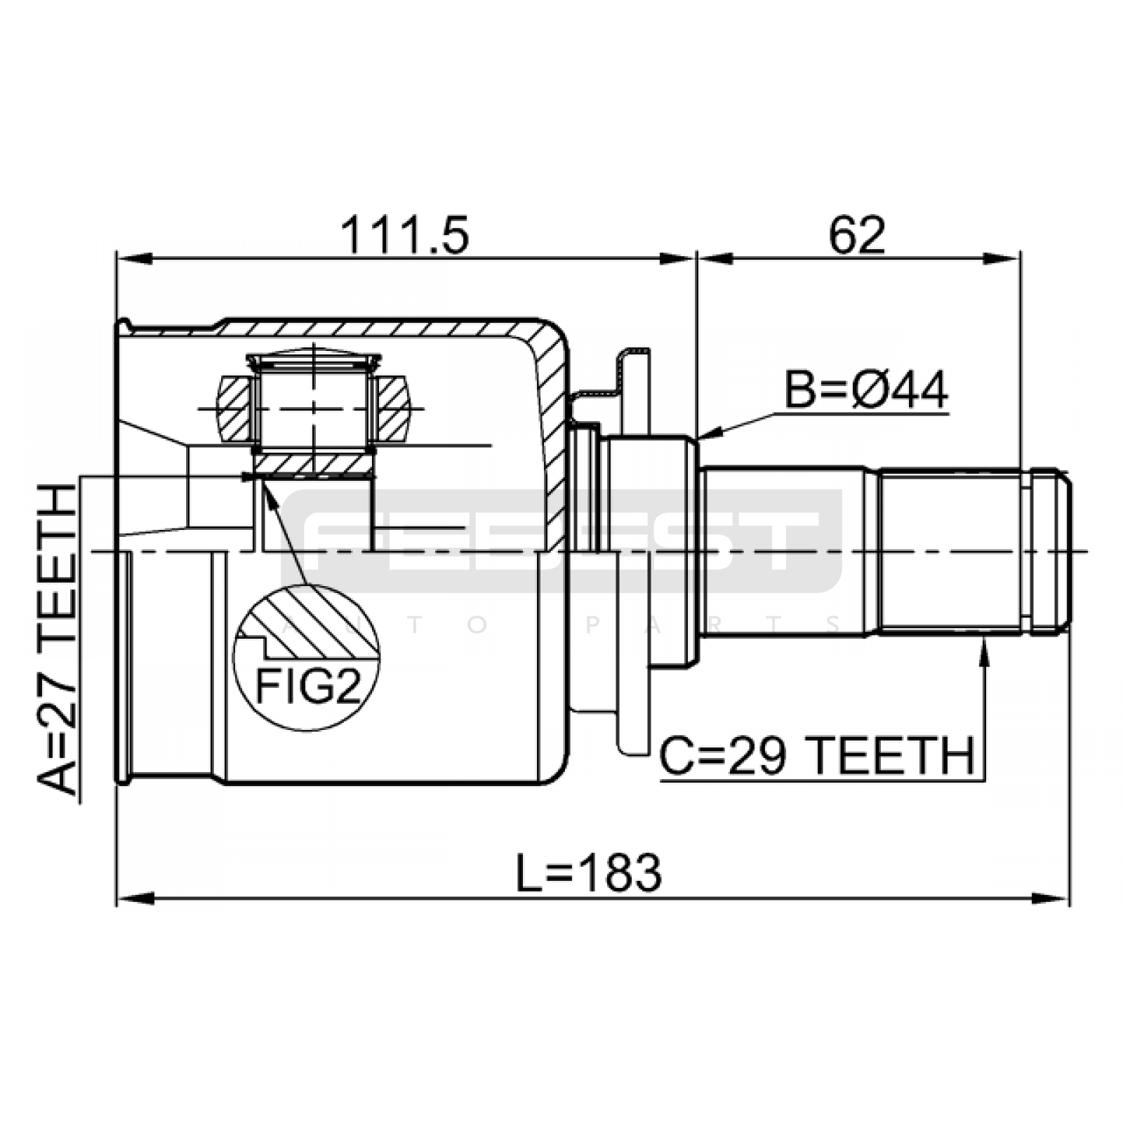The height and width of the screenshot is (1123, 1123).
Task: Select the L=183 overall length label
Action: pos(588,873)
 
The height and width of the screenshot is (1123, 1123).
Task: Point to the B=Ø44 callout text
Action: pos(866,390)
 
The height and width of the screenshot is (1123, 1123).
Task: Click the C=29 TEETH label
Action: pos(817,756)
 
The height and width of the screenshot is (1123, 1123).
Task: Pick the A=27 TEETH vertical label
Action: pos(56,639)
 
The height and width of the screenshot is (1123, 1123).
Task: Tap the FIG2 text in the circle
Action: pos(307,685)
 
